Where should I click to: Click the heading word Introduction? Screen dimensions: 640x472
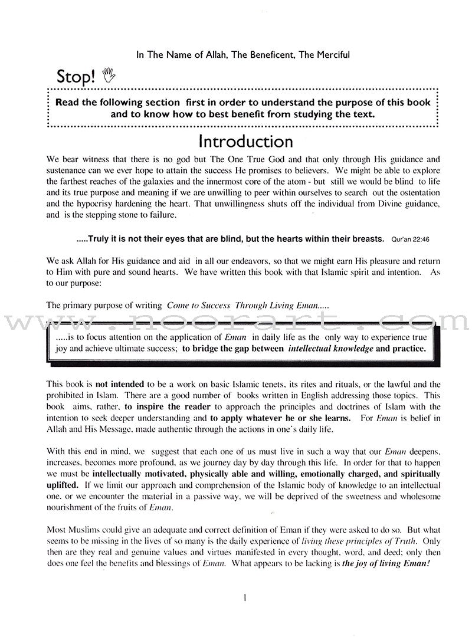point(245,142)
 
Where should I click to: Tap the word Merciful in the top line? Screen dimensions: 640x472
point(332,55)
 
